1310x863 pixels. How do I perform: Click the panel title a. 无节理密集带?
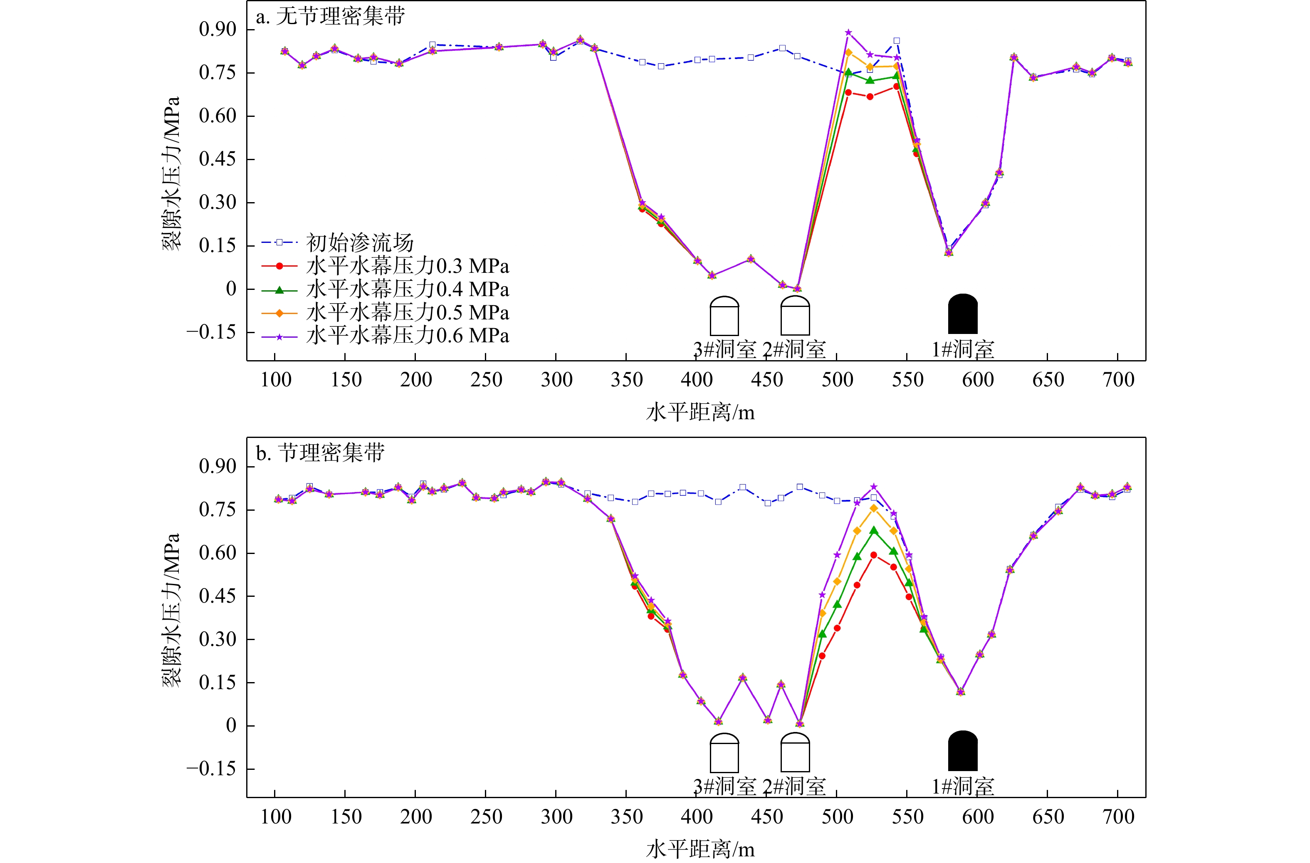click(330, 17)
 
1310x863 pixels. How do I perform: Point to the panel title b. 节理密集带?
click(320, 453)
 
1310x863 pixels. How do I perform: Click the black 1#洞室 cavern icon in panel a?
click(963, 314)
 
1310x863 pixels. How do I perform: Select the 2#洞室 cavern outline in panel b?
click(795, 752)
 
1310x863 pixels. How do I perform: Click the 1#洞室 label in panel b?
click(963, 787)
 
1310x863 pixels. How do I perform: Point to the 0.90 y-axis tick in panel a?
click(218, 29)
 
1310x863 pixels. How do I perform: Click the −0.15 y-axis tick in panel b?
click(211, 769)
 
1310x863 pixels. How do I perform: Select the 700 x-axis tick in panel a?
click(1118, 380)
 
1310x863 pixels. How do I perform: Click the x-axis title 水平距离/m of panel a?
click(700, 412)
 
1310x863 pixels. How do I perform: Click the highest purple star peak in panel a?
click(848, 32)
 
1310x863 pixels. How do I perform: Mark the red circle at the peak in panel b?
click(873, 555)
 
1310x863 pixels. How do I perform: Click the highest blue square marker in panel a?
click(897, 41)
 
